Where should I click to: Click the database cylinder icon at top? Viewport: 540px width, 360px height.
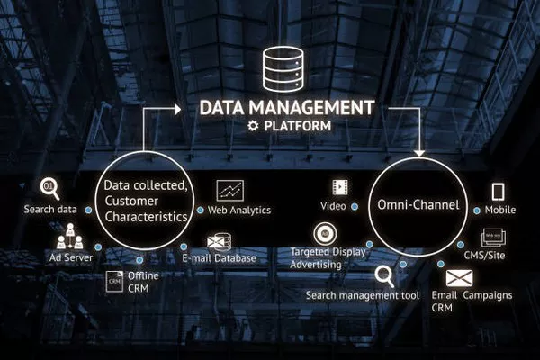(283, 69)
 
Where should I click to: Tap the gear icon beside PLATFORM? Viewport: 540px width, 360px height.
(253, 126)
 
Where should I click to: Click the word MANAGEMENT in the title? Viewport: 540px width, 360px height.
(311, 107)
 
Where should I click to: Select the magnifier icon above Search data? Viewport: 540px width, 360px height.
(49, 189)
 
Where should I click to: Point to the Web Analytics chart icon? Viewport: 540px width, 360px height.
(230, 191)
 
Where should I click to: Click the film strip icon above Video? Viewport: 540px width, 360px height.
(340, 187)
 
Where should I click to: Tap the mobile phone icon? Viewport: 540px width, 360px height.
(498, 192)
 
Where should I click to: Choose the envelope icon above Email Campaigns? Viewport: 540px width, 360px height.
(459, 278)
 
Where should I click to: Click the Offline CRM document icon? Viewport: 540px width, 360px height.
(114, 282)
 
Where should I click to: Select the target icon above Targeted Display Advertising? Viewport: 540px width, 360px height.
(325, 234)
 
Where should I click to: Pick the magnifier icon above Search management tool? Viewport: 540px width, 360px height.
(384, 275)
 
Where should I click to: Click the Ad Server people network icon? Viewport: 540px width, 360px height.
(70, 237)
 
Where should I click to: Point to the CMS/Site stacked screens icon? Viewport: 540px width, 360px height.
(493, 238)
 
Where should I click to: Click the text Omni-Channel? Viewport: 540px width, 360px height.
(418, 205)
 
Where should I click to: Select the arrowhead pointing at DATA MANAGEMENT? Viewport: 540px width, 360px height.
(177, 110)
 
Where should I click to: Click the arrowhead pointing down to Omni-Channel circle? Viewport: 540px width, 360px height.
(419, 153)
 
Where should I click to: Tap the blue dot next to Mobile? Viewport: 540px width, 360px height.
(477, 211)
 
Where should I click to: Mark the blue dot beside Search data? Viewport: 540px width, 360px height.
(88, 210)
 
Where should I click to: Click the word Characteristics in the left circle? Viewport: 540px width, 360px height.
(146, 217)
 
